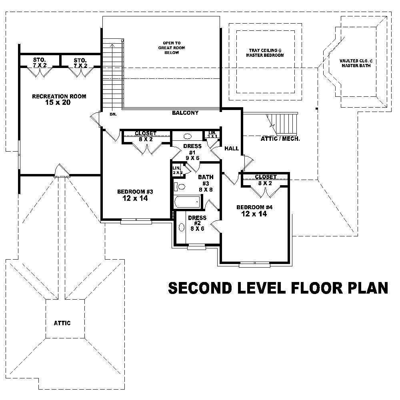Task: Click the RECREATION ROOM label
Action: [59, 96]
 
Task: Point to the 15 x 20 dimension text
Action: [59, 103]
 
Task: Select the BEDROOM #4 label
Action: [254, 207]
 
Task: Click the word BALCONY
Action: [185, 113]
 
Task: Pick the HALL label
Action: [231, 148]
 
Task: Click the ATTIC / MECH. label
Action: [280, 139]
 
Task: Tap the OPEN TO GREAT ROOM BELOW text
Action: [172, 48]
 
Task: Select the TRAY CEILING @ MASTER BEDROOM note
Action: [265, 53]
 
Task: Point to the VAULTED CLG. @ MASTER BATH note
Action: [356, 63]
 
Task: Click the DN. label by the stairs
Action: [113, 114]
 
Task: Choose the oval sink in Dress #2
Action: [181, 227]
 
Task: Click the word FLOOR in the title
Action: [308, 288]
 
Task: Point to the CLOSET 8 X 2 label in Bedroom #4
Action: [266, 180]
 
